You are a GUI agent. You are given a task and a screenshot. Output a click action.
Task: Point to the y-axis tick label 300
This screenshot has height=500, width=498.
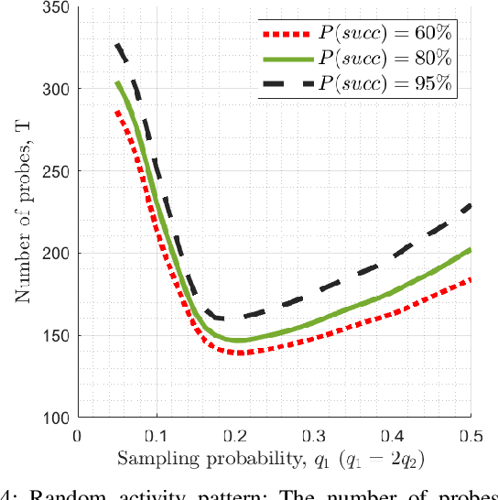coord(57,89)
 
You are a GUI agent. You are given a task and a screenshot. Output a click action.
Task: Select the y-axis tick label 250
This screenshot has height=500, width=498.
coord(57,171)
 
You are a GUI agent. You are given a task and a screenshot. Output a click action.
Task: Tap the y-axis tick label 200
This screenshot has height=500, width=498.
coord(57,254)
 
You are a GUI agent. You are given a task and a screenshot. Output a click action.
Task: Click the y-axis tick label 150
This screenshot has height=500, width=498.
coord(57,335)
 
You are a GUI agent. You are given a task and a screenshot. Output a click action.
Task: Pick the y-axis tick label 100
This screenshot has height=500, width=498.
coord(57,418)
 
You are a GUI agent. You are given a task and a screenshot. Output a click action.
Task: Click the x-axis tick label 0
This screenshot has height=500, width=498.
coord(77,436)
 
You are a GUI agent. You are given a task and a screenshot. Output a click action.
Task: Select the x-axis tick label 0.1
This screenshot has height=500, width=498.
coord(156,436)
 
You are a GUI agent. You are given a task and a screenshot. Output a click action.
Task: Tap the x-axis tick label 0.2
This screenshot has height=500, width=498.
coord(234,436)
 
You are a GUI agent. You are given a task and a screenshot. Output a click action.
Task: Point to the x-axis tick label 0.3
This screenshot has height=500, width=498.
coord(313,436)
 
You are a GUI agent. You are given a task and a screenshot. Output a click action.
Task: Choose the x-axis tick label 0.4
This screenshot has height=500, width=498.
coord(392,436)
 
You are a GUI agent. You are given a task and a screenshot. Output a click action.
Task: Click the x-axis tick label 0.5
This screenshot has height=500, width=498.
coord(470,436)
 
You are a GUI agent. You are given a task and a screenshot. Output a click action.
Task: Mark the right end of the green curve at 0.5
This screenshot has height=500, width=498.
coord(470,249)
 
